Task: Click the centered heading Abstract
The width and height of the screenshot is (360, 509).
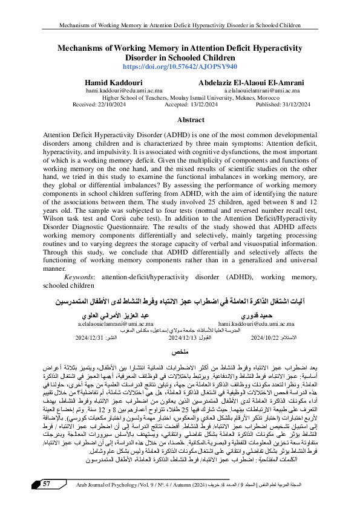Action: click(x=180, y=121)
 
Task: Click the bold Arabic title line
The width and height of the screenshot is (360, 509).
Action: click(x=180, y=300)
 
